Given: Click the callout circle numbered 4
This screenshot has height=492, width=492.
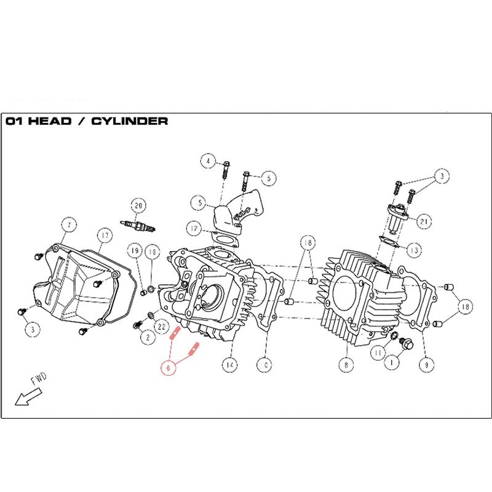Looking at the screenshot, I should [208, 162].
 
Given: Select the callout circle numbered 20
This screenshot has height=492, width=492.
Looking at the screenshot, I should [138, 205].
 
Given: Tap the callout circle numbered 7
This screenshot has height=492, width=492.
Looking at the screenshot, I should [69, 224].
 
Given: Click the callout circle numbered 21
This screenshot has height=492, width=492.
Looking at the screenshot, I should [424, 220].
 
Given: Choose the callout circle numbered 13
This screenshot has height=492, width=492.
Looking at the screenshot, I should [413, 250].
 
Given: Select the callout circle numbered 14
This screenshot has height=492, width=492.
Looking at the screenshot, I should [230, 364].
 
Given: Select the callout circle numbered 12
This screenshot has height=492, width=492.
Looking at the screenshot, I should [194, 229].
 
